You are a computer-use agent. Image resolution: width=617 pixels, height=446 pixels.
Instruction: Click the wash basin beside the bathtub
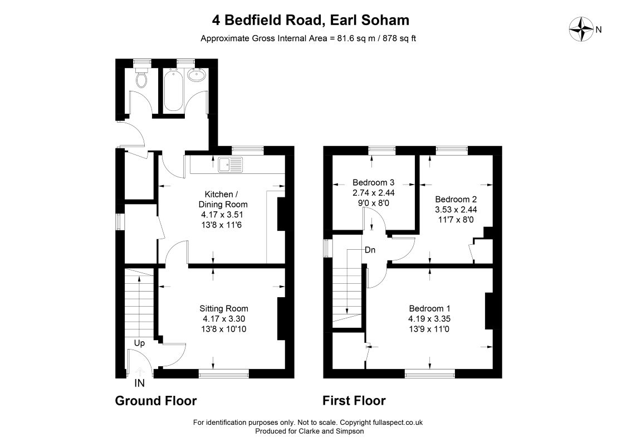coord(195,75)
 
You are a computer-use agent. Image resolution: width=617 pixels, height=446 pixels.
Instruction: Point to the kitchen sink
coord(231,164)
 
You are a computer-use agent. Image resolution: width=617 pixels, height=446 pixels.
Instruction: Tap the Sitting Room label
coord(224,308)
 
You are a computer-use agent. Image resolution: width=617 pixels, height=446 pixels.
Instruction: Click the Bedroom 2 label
coord(456,199)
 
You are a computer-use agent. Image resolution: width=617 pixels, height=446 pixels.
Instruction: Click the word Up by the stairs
coord(139,343)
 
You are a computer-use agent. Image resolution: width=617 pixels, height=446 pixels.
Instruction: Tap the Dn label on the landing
coord(370,250)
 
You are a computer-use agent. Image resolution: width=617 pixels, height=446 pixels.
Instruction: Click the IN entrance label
coord(140,384)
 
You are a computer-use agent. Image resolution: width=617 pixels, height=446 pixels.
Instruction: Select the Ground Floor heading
coord(156,400)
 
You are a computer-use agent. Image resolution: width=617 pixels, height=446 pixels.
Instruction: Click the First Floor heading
coord(354,400)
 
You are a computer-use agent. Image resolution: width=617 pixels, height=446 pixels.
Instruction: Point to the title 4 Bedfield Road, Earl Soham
coord(310,21)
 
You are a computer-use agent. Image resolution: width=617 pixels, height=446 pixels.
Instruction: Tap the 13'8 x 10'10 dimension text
coord(224,329)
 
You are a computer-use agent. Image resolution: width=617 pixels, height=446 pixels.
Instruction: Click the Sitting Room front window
coord(224,374)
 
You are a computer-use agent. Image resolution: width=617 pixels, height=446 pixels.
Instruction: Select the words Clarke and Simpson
coord(334,432)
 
